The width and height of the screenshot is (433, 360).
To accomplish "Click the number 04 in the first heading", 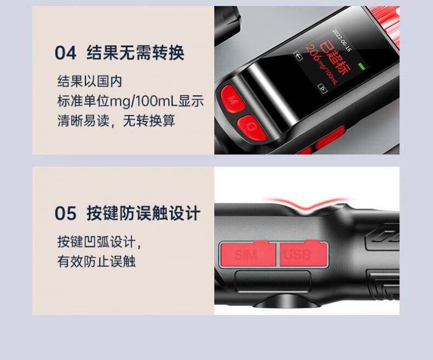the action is (x=65, y=53).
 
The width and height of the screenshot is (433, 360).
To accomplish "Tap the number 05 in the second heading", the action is (x=65, y=213).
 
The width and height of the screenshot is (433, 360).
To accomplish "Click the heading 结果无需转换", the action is (x=135, y=53).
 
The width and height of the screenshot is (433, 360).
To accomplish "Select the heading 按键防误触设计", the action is (x=143, y=213).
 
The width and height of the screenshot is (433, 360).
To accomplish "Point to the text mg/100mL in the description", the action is (x=143, y=101).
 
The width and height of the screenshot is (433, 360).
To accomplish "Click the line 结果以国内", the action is (x=89, y=81).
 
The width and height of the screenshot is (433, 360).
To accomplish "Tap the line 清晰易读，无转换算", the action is (x=116, y=121).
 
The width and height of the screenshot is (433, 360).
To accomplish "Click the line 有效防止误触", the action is (x=96, y=261).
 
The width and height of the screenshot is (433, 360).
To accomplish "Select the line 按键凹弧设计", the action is (x=100, y=242).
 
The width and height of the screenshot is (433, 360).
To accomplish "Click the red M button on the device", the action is (x=233, y=99).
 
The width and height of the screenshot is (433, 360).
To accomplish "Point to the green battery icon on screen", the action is (x=362, y=66).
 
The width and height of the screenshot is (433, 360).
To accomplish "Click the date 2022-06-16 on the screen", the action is (x=342, y=40).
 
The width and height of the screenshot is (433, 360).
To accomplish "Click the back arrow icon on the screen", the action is (x=298, y=56).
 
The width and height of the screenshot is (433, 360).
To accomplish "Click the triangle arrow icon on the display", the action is (x=323, y=88).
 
